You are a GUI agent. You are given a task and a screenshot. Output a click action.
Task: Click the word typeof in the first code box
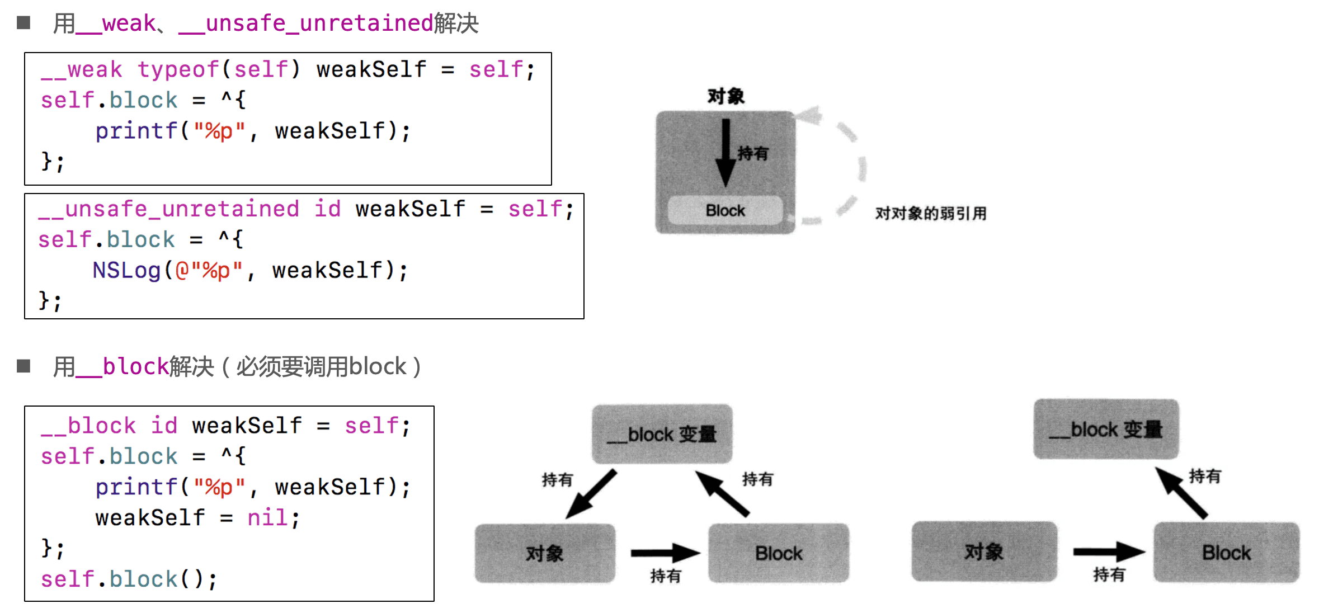(178, 70)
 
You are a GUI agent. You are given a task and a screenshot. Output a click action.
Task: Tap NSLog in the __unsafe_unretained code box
(126, 271)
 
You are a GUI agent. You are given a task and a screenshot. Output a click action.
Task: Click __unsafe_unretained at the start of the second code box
(168, 209)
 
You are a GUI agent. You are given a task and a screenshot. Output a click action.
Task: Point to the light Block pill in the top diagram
(725, 210)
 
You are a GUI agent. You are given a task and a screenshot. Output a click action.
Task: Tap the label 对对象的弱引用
(930, 213)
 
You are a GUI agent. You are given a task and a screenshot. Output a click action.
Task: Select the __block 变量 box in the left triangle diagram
(662, 434)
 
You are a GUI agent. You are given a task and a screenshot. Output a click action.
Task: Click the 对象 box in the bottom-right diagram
(984, 551)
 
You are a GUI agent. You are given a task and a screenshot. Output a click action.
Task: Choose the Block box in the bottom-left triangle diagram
(778, 553)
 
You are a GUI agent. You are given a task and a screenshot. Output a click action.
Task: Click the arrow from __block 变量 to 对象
(591, 494)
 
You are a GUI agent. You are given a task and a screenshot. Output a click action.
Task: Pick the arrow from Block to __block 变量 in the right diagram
(1181, 493)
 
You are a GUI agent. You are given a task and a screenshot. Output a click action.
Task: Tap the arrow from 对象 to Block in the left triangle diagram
(665, 553)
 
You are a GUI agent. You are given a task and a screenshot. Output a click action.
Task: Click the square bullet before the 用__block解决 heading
(23, 366)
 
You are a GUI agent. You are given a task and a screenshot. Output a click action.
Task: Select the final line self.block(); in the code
(129, 579)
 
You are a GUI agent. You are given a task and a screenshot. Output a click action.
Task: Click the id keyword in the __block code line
(164, 426)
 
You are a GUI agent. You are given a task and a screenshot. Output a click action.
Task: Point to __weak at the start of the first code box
(82, 70)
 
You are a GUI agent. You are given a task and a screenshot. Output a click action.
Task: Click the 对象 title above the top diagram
(726, 96)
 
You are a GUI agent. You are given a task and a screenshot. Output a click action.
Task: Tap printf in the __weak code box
(136, 131)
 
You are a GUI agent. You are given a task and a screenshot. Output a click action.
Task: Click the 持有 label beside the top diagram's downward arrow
(753, 153)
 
